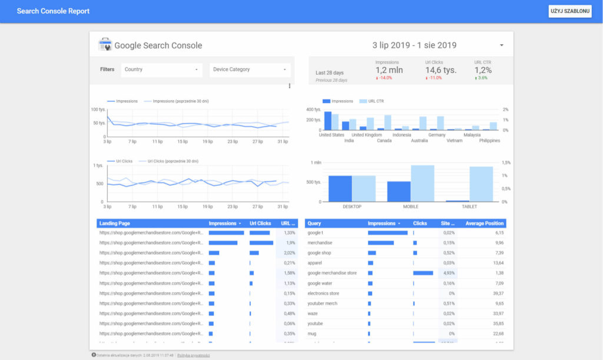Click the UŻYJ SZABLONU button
tap(569, 11)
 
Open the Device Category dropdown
tap(250, 70)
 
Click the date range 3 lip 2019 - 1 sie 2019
tap(414, 45)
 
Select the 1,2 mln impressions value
tap(389, 70)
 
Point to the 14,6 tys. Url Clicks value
tap(440, 70)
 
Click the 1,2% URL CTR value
tap(483, 70)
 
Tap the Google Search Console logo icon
tap(105, 45)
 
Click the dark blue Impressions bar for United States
tap(328, 121)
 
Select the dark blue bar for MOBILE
tap(399, 191)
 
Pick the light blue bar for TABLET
tap(481, 184)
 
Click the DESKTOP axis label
tap(352, 207)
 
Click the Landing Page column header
tap(115, 224)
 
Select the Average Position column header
tap(485, 224)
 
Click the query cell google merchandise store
tap(332, 273)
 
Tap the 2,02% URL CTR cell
tap(289, 253)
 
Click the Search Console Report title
tap(53, 11)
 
